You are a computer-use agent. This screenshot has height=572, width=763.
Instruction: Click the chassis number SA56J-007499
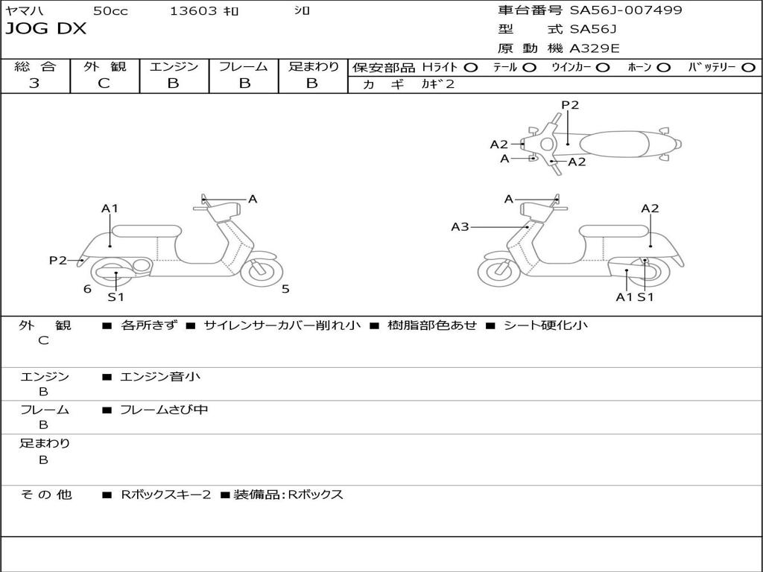(626, 10)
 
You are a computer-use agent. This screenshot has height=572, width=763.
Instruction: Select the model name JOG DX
(46, 29)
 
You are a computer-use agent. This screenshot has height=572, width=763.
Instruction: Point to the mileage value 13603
(194, 10)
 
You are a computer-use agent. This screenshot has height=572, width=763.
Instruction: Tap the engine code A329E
(594, 48)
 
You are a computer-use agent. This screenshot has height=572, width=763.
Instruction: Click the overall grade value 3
(34, 83)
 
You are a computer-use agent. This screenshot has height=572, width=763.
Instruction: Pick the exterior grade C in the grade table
(104, 83)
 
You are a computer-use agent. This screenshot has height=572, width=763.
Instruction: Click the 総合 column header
(35, 66)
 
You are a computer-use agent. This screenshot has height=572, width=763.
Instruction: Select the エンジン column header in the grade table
(174, 66)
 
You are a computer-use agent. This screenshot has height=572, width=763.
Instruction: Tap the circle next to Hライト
(471, 67)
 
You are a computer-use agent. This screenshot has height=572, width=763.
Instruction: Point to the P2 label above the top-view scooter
(570, 105)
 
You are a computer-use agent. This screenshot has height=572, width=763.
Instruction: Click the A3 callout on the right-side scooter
(460, 226)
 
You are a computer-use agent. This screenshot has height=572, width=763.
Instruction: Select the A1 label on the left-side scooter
(110, 209)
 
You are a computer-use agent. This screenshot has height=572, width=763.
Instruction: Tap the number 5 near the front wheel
(285, 289)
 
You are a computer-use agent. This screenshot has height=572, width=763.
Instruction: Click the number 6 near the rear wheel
(87, 289)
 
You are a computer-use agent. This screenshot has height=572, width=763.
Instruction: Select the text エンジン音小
(160, 377)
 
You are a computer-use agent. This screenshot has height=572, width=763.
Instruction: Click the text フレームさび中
(164, 410)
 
